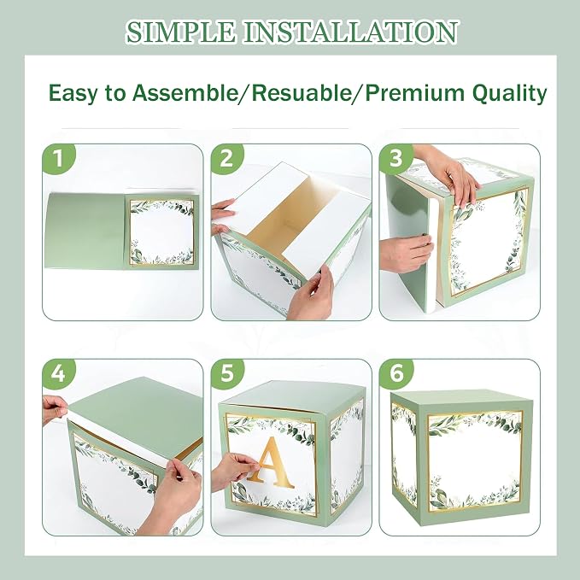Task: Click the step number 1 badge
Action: coord(58,159)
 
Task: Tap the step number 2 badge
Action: coord(227,159)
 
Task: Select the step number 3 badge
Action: coord(395,159)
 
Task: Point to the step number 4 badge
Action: coord(58,373)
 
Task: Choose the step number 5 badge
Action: coord(227,373)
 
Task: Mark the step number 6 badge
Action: coord(395,373)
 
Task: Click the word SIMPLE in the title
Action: coord(181,32)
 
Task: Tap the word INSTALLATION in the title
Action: coord(351,32)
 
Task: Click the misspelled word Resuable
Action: coord(301,92)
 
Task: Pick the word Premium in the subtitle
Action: coord(415,92)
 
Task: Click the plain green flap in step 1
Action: coord(85,231)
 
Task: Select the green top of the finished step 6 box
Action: coord(459,401)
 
